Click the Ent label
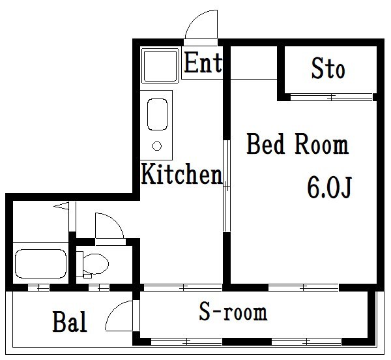pyautogui.click(x=203, y=63)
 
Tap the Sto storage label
pyautogui.click(x=328, y=68)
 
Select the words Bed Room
pyautogui.click(x=298, y=144)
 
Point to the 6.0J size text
pyautogui.click(x=329, y=187)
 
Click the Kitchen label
pyautogui.click(x=182, y=174)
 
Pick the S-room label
pyautogui.click(x=233, y=312)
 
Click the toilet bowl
pyautogui.click(x=96, y=263)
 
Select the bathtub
pyautogui.click(x=40, y=263)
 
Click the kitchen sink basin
pyautogui.click(x=157, y=114)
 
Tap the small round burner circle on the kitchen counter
pyautogui.click(x=157, y=146)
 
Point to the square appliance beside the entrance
pyautogui.click(x=160, y=66)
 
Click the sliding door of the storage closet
pyautogui.click(x=332, y=97)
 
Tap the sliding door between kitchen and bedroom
pyautogui.click(x=226, y=186)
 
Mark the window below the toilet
pyautogui.click(x=99, y=288)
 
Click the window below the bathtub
pyautogui.click(x=38, y=288)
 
